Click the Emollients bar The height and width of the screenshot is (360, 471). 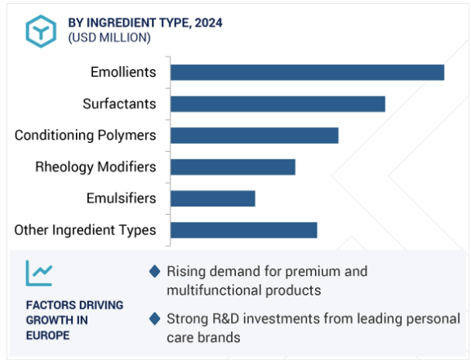tap(307, 73)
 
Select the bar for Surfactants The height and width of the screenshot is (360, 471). tap(278, 104)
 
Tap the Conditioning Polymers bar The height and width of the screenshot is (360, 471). tap(255, 136)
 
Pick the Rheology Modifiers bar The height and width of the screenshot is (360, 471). tap(233, 167)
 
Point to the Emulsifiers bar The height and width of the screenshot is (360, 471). tap(213, 198)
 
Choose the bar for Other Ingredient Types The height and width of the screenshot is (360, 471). tap(244, 230)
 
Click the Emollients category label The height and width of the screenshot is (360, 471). tap(123, 72)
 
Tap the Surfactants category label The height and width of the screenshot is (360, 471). tap(119, 104)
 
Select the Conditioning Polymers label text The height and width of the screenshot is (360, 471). tap(86, 136)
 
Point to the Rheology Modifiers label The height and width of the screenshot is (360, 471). tap(96, 167)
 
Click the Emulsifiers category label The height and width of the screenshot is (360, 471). tap(122, 198)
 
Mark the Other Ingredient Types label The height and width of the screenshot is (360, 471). tap(86, 230)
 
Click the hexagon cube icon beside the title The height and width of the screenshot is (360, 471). tap(41, 31)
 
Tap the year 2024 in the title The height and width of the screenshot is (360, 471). tap(208, 23)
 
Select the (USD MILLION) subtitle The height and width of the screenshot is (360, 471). tap(109, 38)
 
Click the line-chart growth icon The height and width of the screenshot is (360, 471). tap(39, 273)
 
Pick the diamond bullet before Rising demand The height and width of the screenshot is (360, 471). tap(155, 271)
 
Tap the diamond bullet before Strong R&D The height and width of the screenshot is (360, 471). tap(155, 319)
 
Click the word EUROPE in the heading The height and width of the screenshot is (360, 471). tap(48, 336)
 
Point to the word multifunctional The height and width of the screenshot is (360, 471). tap(214, 291)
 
